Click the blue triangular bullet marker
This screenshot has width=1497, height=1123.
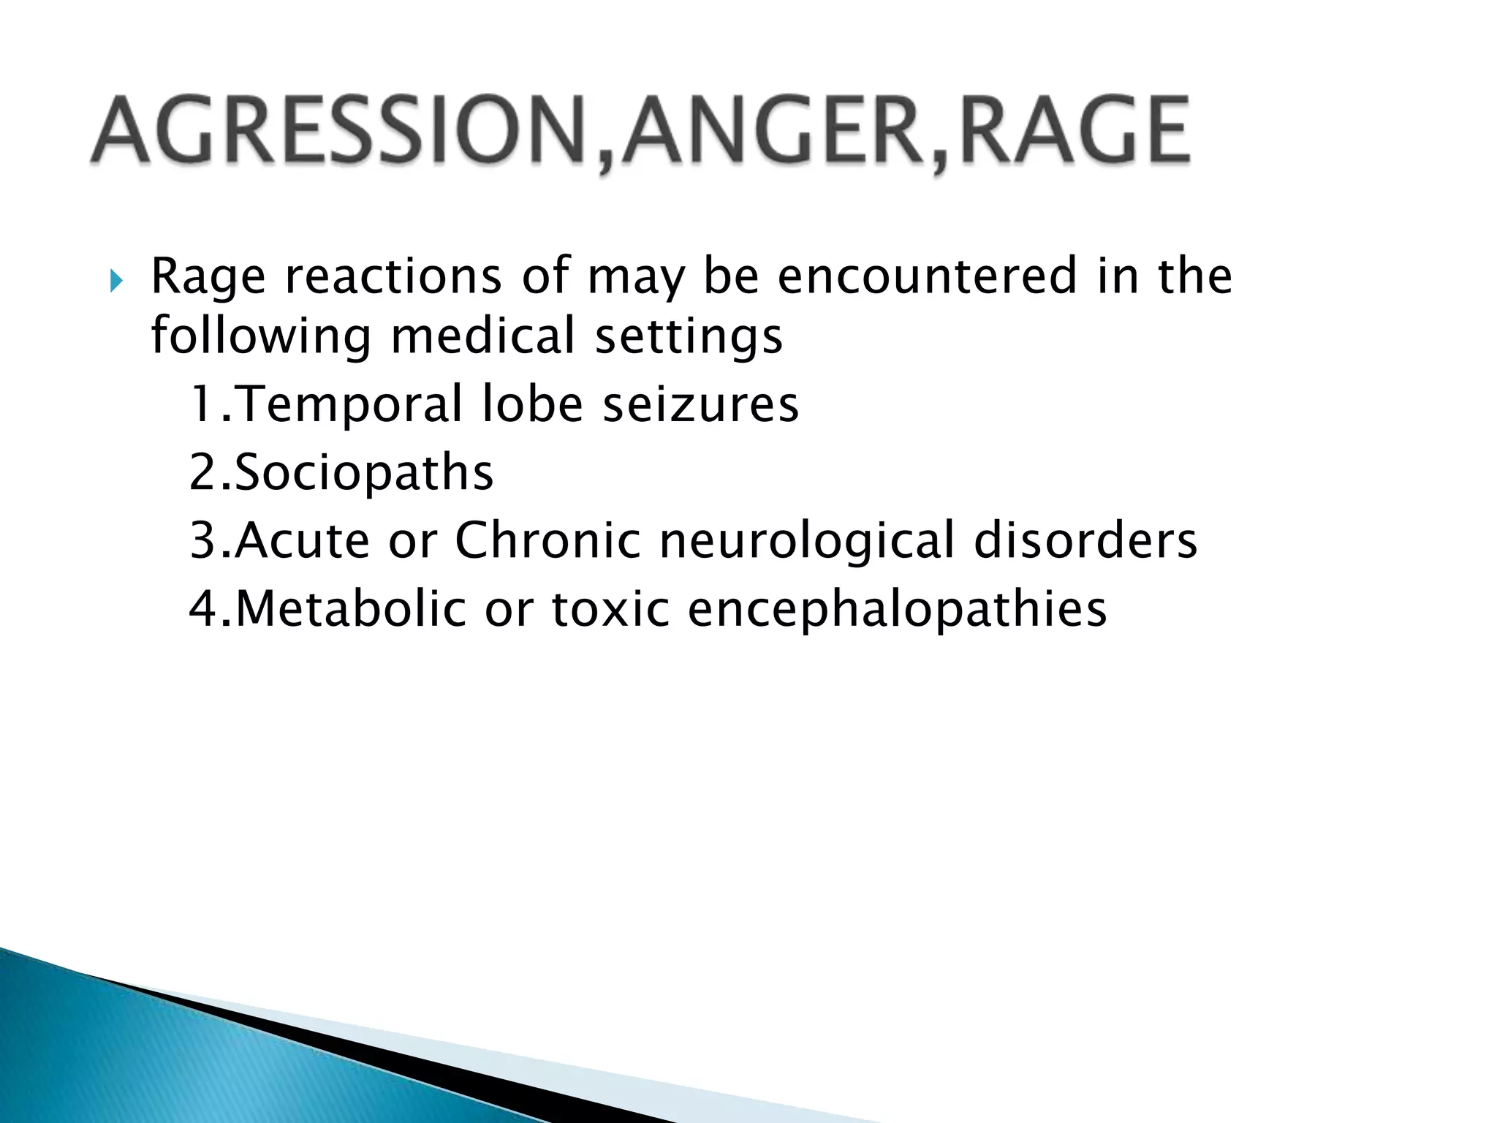(x=116, y=280)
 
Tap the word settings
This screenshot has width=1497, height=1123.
(x=689, y=338)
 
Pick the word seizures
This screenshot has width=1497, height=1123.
(x=700, y=405)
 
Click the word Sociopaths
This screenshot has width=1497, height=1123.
(x=364, y=473)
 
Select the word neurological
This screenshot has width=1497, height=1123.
(x=808, y=542)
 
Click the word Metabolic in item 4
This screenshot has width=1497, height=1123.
(x=351, y=608)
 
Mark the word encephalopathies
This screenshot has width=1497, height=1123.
(x=898, y=610)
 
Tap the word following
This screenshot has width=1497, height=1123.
(x=261, y=338)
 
